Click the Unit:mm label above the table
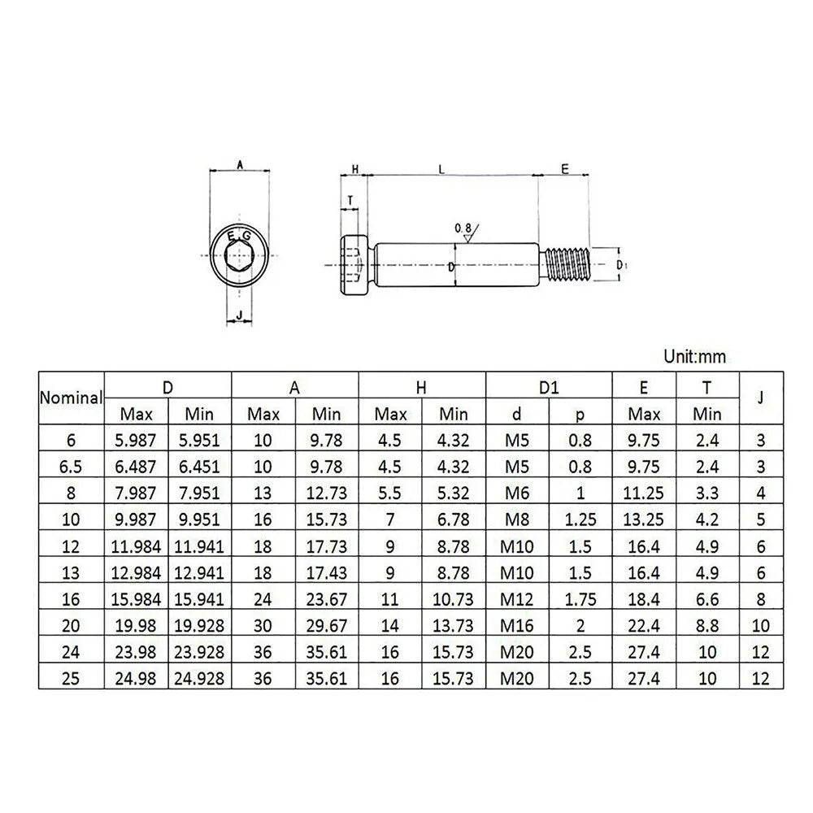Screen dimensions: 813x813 pyautogui.click(x=694, y=356)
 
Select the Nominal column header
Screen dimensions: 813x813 pyautogui.click(x=72, y=398)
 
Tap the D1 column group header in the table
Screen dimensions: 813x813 pyautogui.click(x=549, y=387)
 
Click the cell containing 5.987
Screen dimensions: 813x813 pyautogui.click(x=137, y=440)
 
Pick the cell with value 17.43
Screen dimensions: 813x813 pyautogui.click(x=327, y=573)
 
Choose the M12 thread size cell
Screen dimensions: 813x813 pyautogui.click(x=517, y=600)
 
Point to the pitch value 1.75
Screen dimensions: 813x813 pyautogui.click(x=580, y=600)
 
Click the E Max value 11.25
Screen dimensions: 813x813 pyautogui.click(x=644, y=493)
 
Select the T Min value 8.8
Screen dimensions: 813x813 pyautogui.click(x=707, y=626)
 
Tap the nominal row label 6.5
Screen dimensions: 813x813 pyautogui.click(x=72, y=467)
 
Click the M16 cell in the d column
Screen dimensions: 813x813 pyautogui.click(x=517, y=626)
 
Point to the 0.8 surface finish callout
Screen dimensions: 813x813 pyautogui.click(x=463, y=229)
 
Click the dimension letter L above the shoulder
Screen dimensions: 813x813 pyautogui.click(x=441, y=169)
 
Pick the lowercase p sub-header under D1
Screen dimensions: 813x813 pyautogui.click(x=580, y=414)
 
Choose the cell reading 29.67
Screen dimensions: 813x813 pyautogui.click(x=327, y=626)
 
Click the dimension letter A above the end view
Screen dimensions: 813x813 pyautogui.click(x=240, y=164)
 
